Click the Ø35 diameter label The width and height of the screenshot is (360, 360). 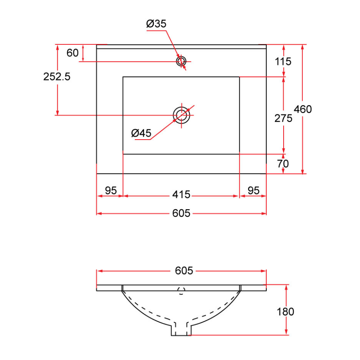156,24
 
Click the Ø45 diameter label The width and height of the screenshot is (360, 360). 141,133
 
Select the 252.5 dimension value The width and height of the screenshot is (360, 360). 57,76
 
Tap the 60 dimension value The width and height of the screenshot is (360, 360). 72,52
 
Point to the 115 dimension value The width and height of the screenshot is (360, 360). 284,61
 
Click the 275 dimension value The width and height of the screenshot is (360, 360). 283,118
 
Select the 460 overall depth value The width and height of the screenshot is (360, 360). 303,109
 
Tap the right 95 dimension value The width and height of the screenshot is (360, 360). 254,190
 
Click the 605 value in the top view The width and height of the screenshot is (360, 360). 181,213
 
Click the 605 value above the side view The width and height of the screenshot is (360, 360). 184,271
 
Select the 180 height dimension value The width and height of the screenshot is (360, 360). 285,311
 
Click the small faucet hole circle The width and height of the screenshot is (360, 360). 181,61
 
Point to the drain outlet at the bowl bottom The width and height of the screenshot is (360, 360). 181,330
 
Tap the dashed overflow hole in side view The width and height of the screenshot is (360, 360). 181,291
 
